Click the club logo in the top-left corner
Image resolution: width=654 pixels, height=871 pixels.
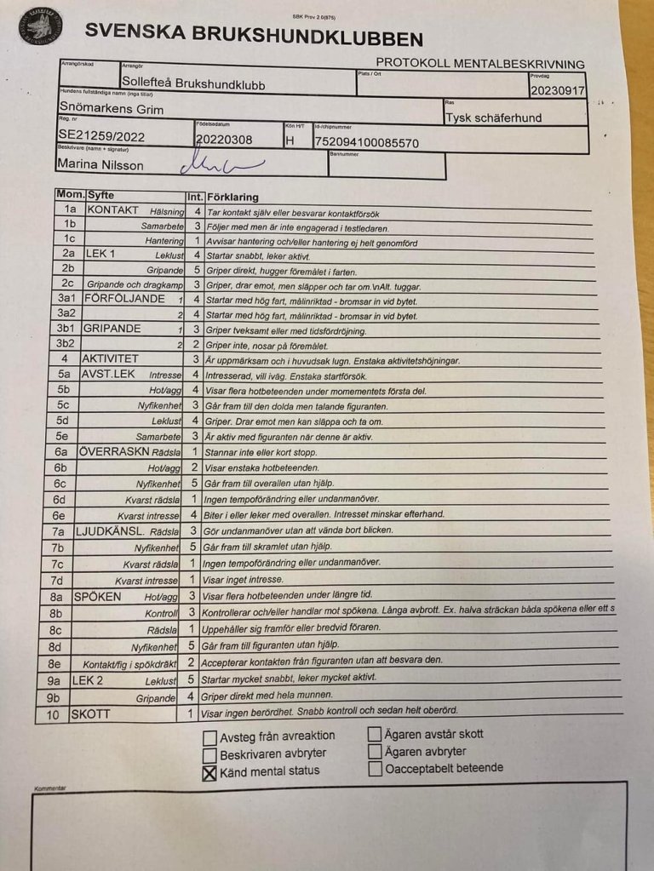tap(40, 26)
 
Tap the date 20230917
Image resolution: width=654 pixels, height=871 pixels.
tap(557, 89)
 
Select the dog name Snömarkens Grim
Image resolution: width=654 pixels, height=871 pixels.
tap(112, 108)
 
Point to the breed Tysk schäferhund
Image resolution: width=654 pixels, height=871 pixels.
tap(493, 117)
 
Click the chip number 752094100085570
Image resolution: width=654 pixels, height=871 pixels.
tap(367, 142)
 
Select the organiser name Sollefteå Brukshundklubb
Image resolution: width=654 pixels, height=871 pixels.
tap(192, 84)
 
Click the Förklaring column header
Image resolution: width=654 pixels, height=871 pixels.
tap(232, 197)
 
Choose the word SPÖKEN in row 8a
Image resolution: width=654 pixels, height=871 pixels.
tap(98, 596)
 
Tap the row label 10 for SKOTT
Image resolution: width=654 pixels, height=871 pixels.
tap(53, 714)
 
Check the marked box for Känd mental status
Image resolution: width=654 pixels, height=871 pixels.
tap(209, 773)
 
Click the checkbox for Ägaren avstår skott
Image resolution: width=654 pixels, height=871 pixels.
tap(375, 734)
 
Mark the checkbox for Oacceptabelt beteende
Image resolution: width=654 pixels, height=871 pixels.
tap(375, 770)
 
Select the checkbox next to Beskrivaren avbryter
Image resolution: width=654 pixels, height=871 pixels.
tap(209, 755)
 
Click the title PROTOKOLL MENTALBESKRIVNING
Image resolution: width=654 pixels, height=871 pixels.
tap(480, 64)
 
